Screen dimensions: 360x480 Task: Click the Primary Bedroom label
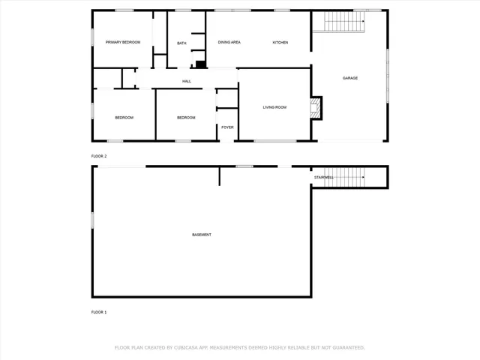123,43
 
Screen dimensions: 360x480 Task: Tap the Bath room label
181,43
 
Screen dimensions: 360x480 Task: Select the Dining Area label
229,43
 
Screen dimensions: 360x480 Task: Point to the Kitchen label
280,43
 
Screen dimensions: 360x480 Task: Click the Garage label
350,78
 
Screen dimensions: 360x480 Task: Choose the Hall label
186,81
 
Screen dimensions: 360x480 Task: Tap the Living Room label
274,107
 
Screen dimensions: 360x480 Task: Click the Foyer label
227,127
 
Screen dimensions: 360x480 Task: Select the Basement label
202,235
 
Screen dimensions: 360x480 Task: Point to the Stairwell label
323,178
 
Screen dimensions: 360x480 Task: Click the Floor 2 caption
99,156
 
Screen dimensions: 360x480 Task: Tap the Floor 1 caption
99,312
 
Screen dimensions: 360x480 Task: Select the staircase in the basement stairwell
348,178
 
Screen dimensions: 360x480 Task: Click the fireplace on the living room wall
316,107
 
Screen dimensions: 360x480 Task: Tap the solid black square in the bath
200,64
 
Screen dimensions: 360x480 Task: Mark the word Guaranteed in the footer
346,347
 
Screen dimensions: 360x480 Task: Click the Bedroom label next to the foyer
186,118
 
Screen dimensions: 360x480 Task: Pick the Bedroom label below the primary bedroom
124,118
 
